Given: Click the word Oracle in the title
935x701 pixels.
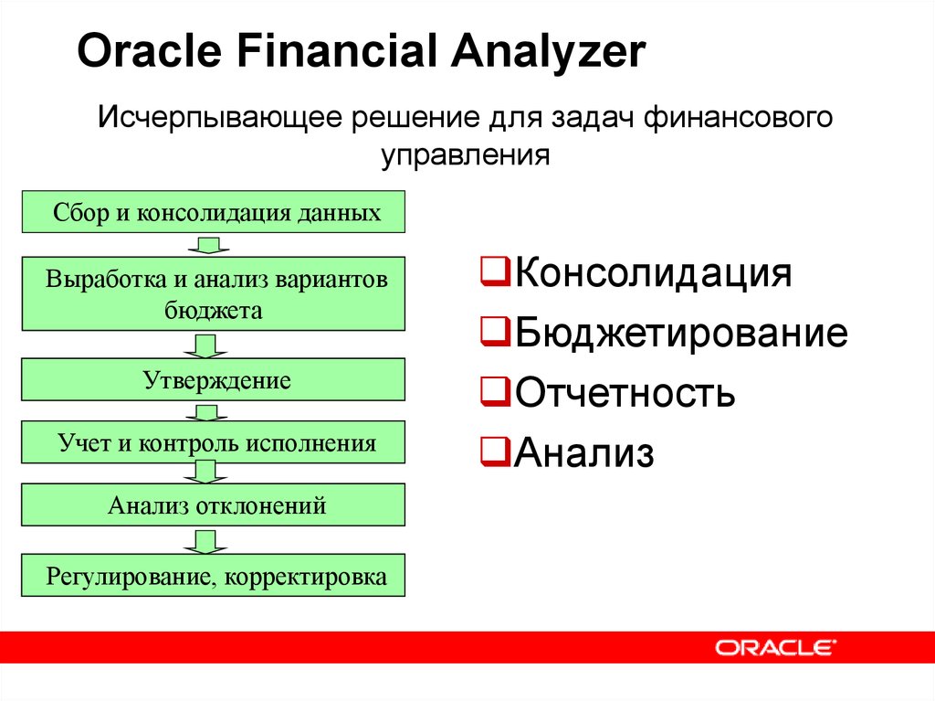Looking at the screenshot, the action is (150, 50).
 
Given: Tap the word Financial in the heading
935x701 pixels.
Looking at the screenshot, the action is (336, 50).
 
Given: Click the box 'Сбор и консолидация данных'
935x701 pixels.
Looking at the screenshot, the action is (214, 212).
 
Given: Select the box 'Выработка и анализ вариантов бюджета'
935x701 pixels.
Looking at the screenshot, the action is (214, 293).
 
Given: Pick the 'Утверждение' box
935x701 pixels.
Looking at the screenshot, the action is (214, 380).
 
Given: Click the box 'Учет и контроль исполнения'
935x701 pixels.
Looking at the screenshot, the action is (214, 442).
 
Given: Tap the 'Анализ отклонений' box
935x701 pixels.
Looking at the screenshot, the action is (214, 505).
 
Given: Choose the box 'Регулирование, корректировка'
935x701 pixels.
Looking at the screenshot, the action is (214, 576).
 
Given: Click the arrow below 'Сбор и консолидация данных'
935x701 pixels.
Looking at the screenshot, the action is (208, 245).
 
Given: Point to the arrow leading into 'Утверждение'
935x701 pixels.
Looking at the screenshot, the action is (205, 345).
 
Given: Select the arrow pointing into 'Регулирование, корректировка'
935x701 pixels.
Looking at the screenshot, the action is (205, 542).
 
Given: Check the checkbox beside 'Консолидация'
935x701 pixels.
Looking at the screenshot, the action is (495, 271).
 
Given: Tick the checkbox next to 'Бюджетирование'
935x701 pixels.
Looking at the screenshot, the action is (495, 332).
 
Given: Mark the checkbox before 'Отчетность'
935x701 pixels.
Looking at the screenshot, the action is (495, 391).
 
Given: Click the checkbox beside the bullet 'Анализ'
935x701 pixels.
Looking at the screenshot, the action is (495, 451).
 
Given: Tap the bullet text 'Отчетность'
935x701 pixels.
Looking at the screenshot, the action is (625, 392).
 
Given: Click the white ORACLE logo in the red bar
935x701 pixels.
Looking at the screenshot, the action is (776, 647).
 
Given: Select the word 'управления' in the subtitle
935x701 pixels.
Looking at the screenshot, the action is (465, 154).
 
